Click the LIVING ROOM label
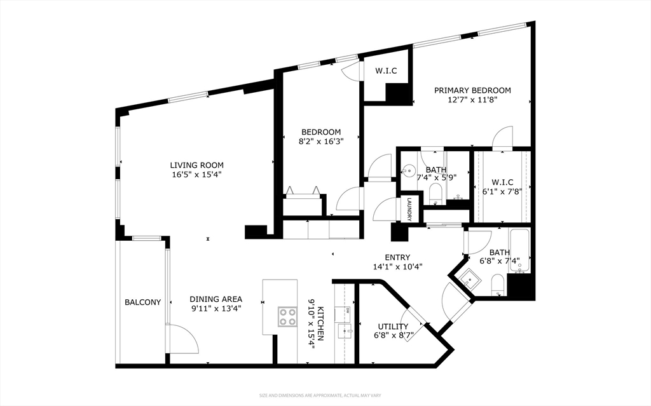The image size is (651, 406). (197, 165)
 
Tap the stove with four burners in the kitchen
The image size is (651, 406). (287, 317)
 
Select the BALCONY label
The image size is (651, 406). (143, 302)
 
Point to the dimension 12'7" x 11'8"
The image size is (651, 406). (472, 100)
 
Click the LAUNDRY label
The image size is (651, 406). (409, 209)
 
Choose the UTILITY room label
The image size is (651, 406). (393, 327)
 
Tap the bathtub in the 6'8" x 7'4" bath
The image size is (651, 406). (519, 251)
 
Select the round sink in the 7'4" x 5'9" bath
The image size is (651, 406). (409, 170)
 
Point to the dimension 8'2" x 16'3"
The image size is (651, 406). (321, 141)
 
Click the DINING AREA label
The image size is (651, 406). (216, 299)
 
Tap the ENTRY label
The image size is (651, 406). (397, 257)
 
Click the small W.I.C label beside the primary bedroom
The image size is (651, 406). (386, 71)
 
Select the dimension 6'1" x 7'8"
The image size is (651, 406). (502, 191)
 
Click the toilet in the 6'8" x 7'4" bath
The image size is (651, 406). (497, 285)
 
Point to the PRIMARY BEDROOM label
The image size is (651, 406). (472, 90)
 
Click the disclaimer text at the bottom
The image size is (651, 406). (320, 396)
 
